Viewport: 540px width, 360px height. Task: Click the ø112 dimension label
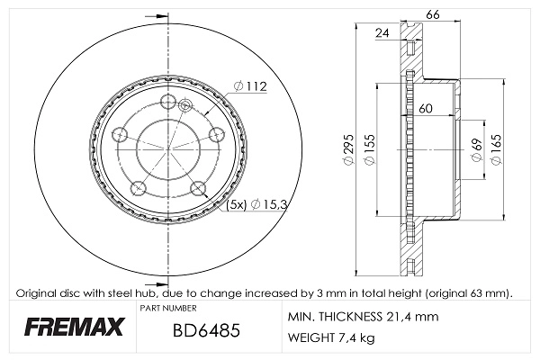tap(251, 86)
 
